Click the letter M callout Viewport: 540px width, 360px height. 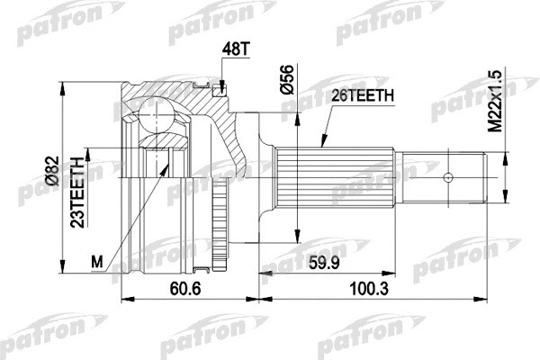pos(97,261)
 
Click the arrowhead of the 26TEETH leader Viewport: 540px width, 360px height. pos(321,146)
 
